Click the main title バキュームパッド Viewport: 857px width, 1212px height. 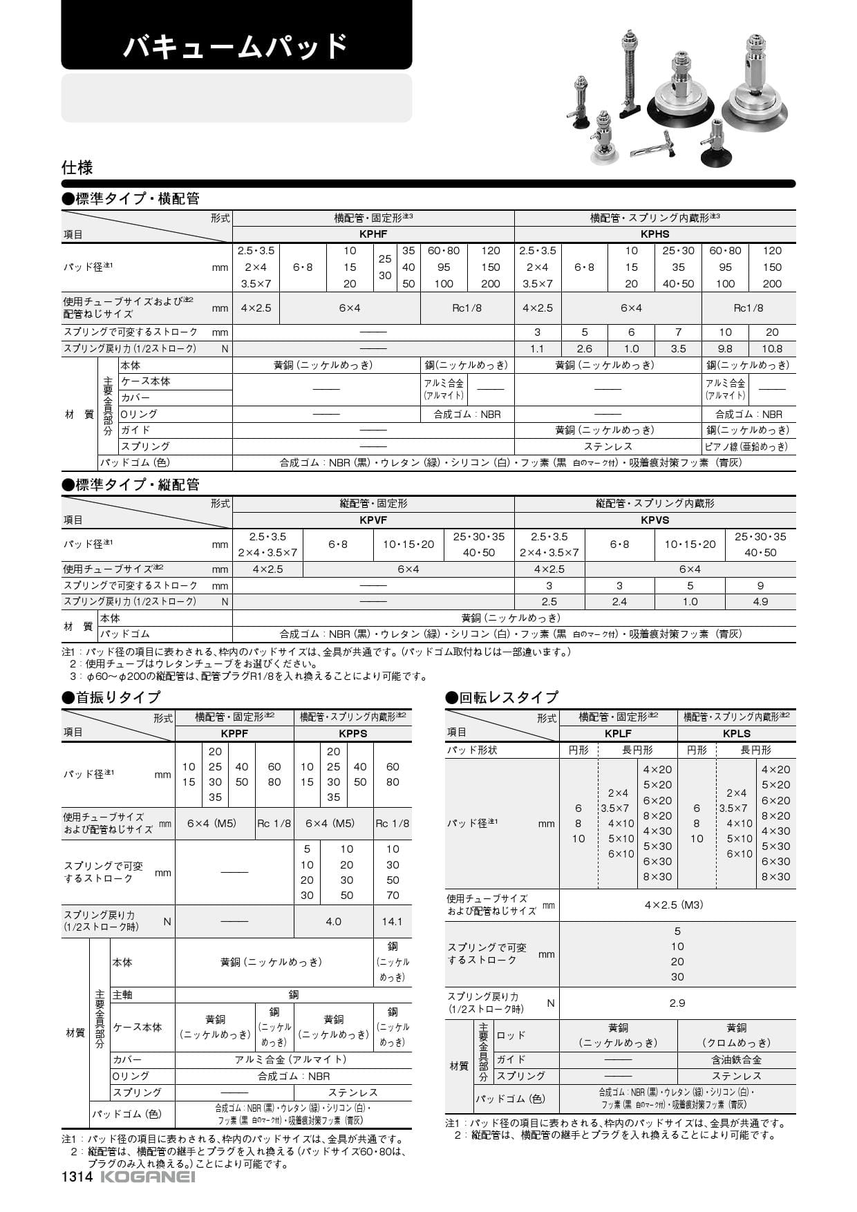pyautogui.click(x=236, y=46)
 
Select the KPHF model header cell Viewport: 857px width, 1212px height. pyautogui.click(x=373, y=234)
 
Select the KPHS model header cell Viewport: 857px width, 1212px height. pyautogui.click(x=654, y=234)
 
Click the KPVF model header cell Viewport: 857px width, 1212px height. pyautogui.click(x=373, y=520)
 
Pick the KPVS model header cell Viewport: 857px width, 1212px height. pyautogui.click(x=654, y=520)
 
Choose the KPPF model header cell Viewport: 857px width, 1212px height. pyautogui.click(x=234, y=733)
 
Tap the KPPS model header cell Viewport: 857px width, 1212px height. pyautogui.click(x=352, y=733)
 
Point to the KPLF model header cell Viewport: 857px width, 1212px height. pyautogui.click(x=618, y=733)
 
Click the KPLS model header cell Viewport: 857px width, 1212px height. pyautogui.click(x=736, y=733)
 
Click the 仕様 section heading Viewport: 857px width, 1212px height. pyautogui.click(x=77, y=167)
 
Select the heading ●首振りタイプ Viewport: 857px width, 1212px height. pyautogui.click(x=111, y=697)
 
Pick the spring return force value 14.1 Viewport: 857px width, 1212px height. pyautogui.click(x=392, y=921)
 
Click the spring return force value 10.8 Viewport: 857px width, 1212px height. pyautogui.click(x=772, y=349)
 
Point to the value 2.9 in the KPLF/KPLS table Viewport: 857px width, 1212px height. pyautogui.click(x=677, y=1003)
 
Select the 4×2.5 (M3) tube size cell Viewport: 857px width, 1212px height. pyautogui.click(x=677, y=905)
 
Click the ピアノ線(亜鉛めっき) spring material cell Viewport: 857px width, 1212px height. pyautogui.click(x=748, y=446)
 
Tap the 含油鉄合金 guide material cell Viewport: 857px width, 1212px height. pyautogui.click(x=736, y=1059)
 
